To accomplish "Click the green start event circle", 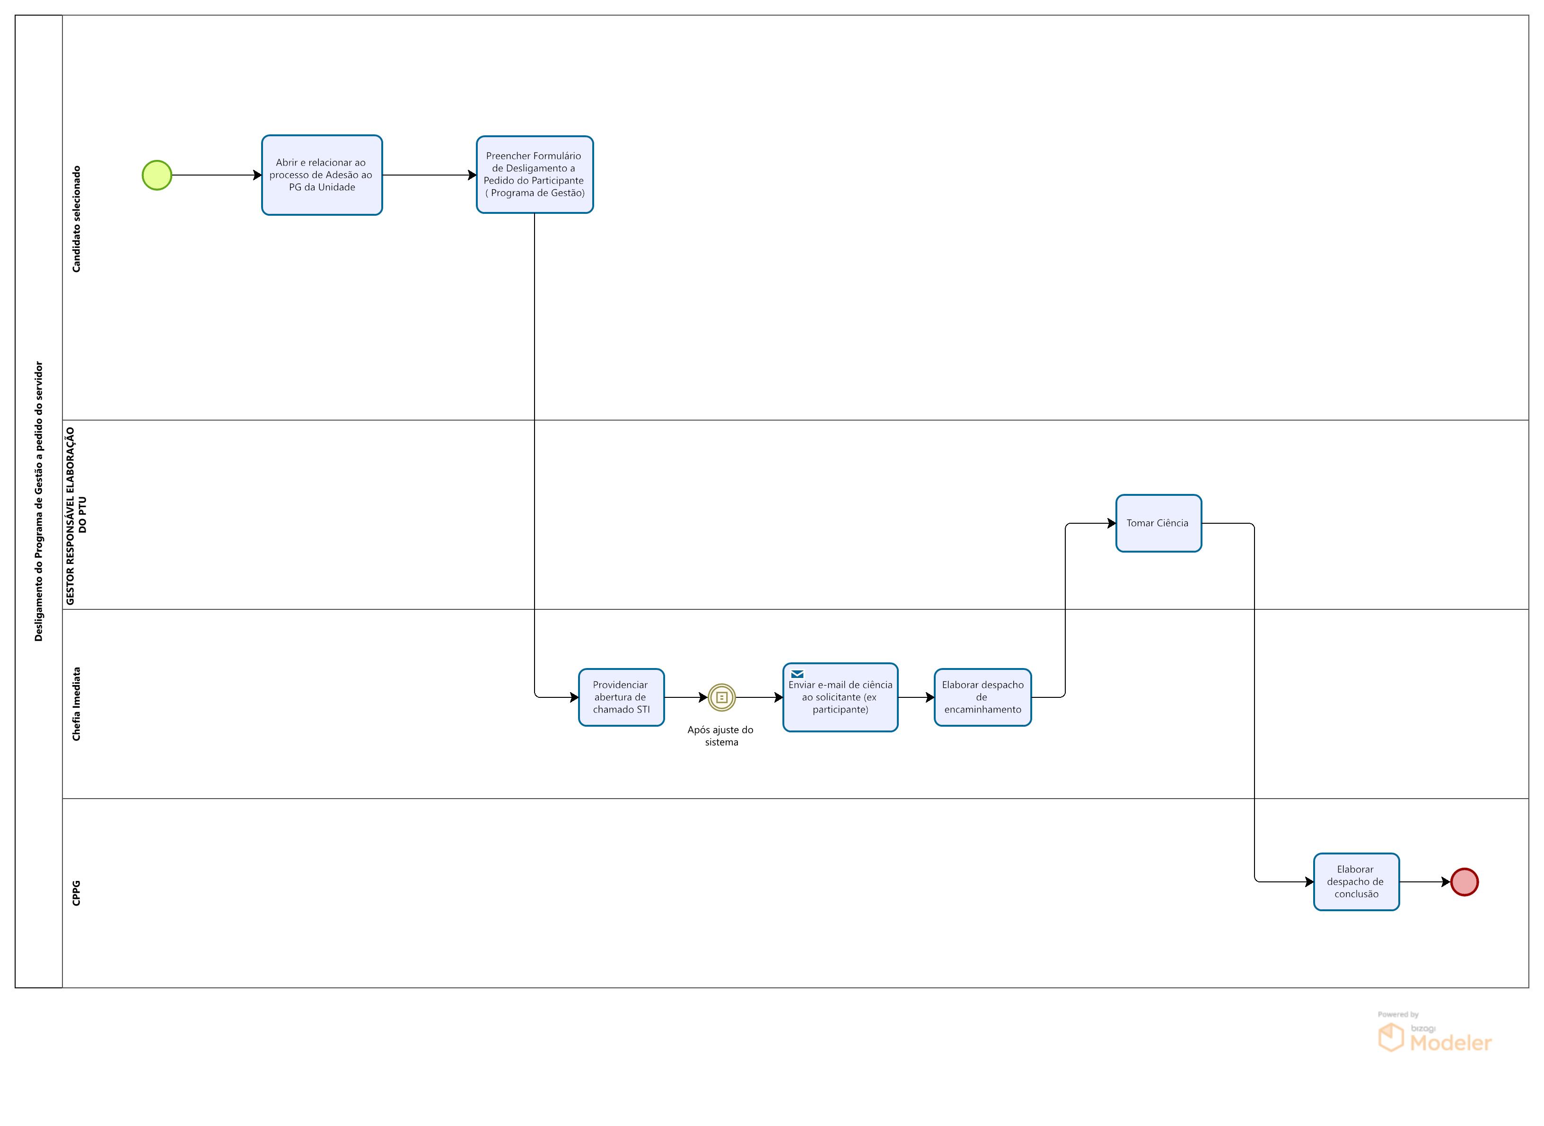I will [x=157, y=175].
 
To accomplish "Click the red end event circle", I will [x=1464, y=881].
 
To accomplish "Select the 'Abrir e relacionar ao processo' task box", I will [x=322, y=175].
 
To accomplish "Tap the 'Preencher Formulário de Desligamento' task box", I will [x=534, y=175].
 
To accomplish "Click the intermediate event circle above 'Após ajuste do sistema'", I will [x=721, y=697].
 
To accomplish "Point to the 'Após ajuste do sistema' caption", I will [x=720, y=735].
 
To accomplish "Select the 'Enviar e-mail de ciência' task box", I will [x=840, y=698].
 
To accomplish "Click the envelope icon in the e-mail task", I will [x=797, y=674].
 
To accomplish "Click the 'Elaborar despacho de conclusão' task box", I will [x=1356, y=881].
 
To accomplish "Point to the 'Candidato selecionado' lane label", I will [x=76, y=219].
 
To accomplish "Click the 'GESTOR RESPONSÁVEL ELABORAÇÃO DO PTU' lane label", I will [x=76, y=515].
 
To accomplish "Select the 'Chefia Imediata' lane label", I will [x=76, y=704].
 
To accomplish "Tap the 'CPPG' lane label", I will [x=76, y=893].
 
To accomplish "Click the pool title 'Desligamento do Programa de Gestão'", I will [x=39, y=501].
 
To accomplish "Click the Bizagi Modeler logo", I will [x=1434, y=1036].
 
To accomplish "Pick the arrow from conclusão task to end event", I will [x=1424, y=881].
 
